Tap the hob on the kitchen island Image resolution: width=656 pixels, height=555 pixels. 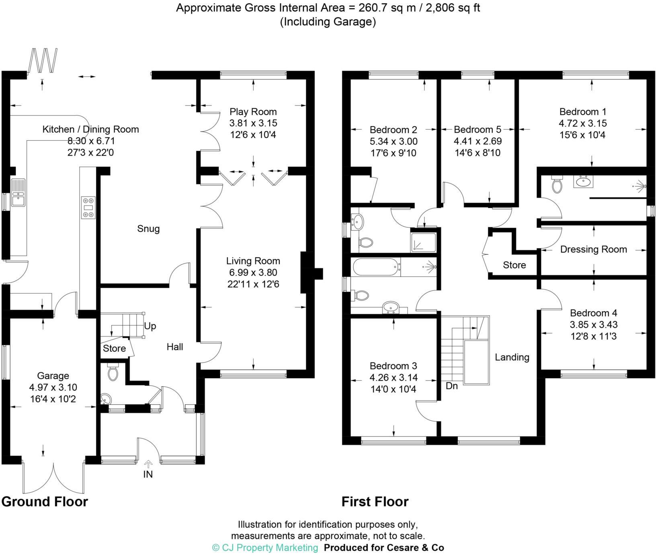88,207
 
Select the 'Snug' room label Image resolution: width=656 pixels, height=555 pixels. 148,229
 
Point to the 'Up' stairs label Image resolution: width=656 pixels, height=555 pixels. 150,326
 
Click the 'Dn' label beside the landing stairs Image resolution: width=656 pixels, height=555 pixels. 452,386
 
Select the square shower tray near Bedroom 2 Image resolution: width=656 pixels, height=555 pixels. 423,242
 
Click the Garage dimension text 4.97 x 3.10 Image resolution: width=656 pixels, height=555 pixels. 53,387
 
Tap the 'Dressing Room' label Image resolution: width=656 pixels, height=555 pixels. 593,250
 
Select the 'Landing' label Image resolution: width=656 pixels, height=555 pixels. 512,357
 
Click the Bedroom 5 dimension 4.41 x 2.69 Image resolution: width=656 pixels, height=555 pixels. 478,141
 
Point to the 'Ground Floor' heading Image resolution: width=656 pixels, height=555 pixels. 45,502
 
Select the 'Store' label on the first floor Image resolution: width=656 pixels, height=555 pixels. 514,265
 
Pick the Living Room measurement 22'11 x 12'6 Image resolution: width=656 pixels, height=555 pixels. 253,284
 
